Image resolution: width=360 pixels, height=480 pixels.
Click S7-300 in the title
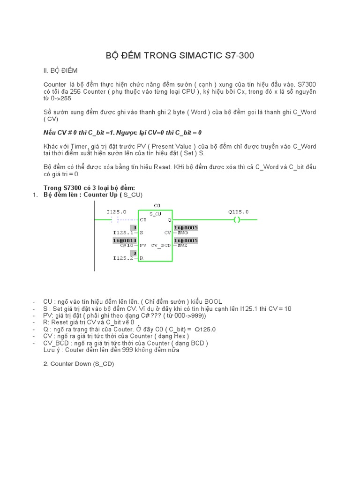(x=240, y=56)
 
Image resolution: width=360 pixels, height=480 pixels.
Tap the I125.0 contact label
(x=116, y=212)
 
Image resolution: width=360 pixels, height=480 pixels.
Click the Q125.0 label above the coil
(x=239, y=212)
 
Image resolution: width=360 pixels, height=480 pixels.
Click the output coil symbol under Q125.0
(x=237, y=219)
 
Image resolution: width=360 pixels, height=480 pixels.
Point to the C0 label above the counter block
(x=157, y=205)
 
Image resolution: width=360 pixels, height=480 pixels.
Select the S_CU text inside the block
(x=156, y=214)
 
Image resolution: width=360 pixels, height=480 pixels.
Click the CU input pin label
(x=143, y=219)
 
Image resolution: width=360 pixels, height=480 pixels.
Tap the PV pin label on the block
(x=143, y=245)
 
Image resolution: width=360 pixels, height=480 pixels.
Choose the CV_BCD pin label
(x=161, y=245)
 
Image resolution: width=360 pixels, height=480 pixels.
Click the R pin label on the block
(x=141, y=258)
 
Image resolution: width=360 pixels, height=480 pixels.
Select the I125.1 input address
(x=123, y=232)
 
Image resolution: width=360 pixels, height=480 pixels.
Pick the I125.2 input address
(x=123, y=258)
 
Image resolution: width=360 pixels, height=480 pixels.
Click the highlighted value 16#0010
(x=124, y=240)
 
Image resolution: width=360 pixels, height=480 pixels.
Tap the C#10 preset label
(x=127, y=245)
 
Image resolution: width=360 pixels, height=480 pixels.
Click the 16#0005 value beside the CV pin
(x=186, y=227)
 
